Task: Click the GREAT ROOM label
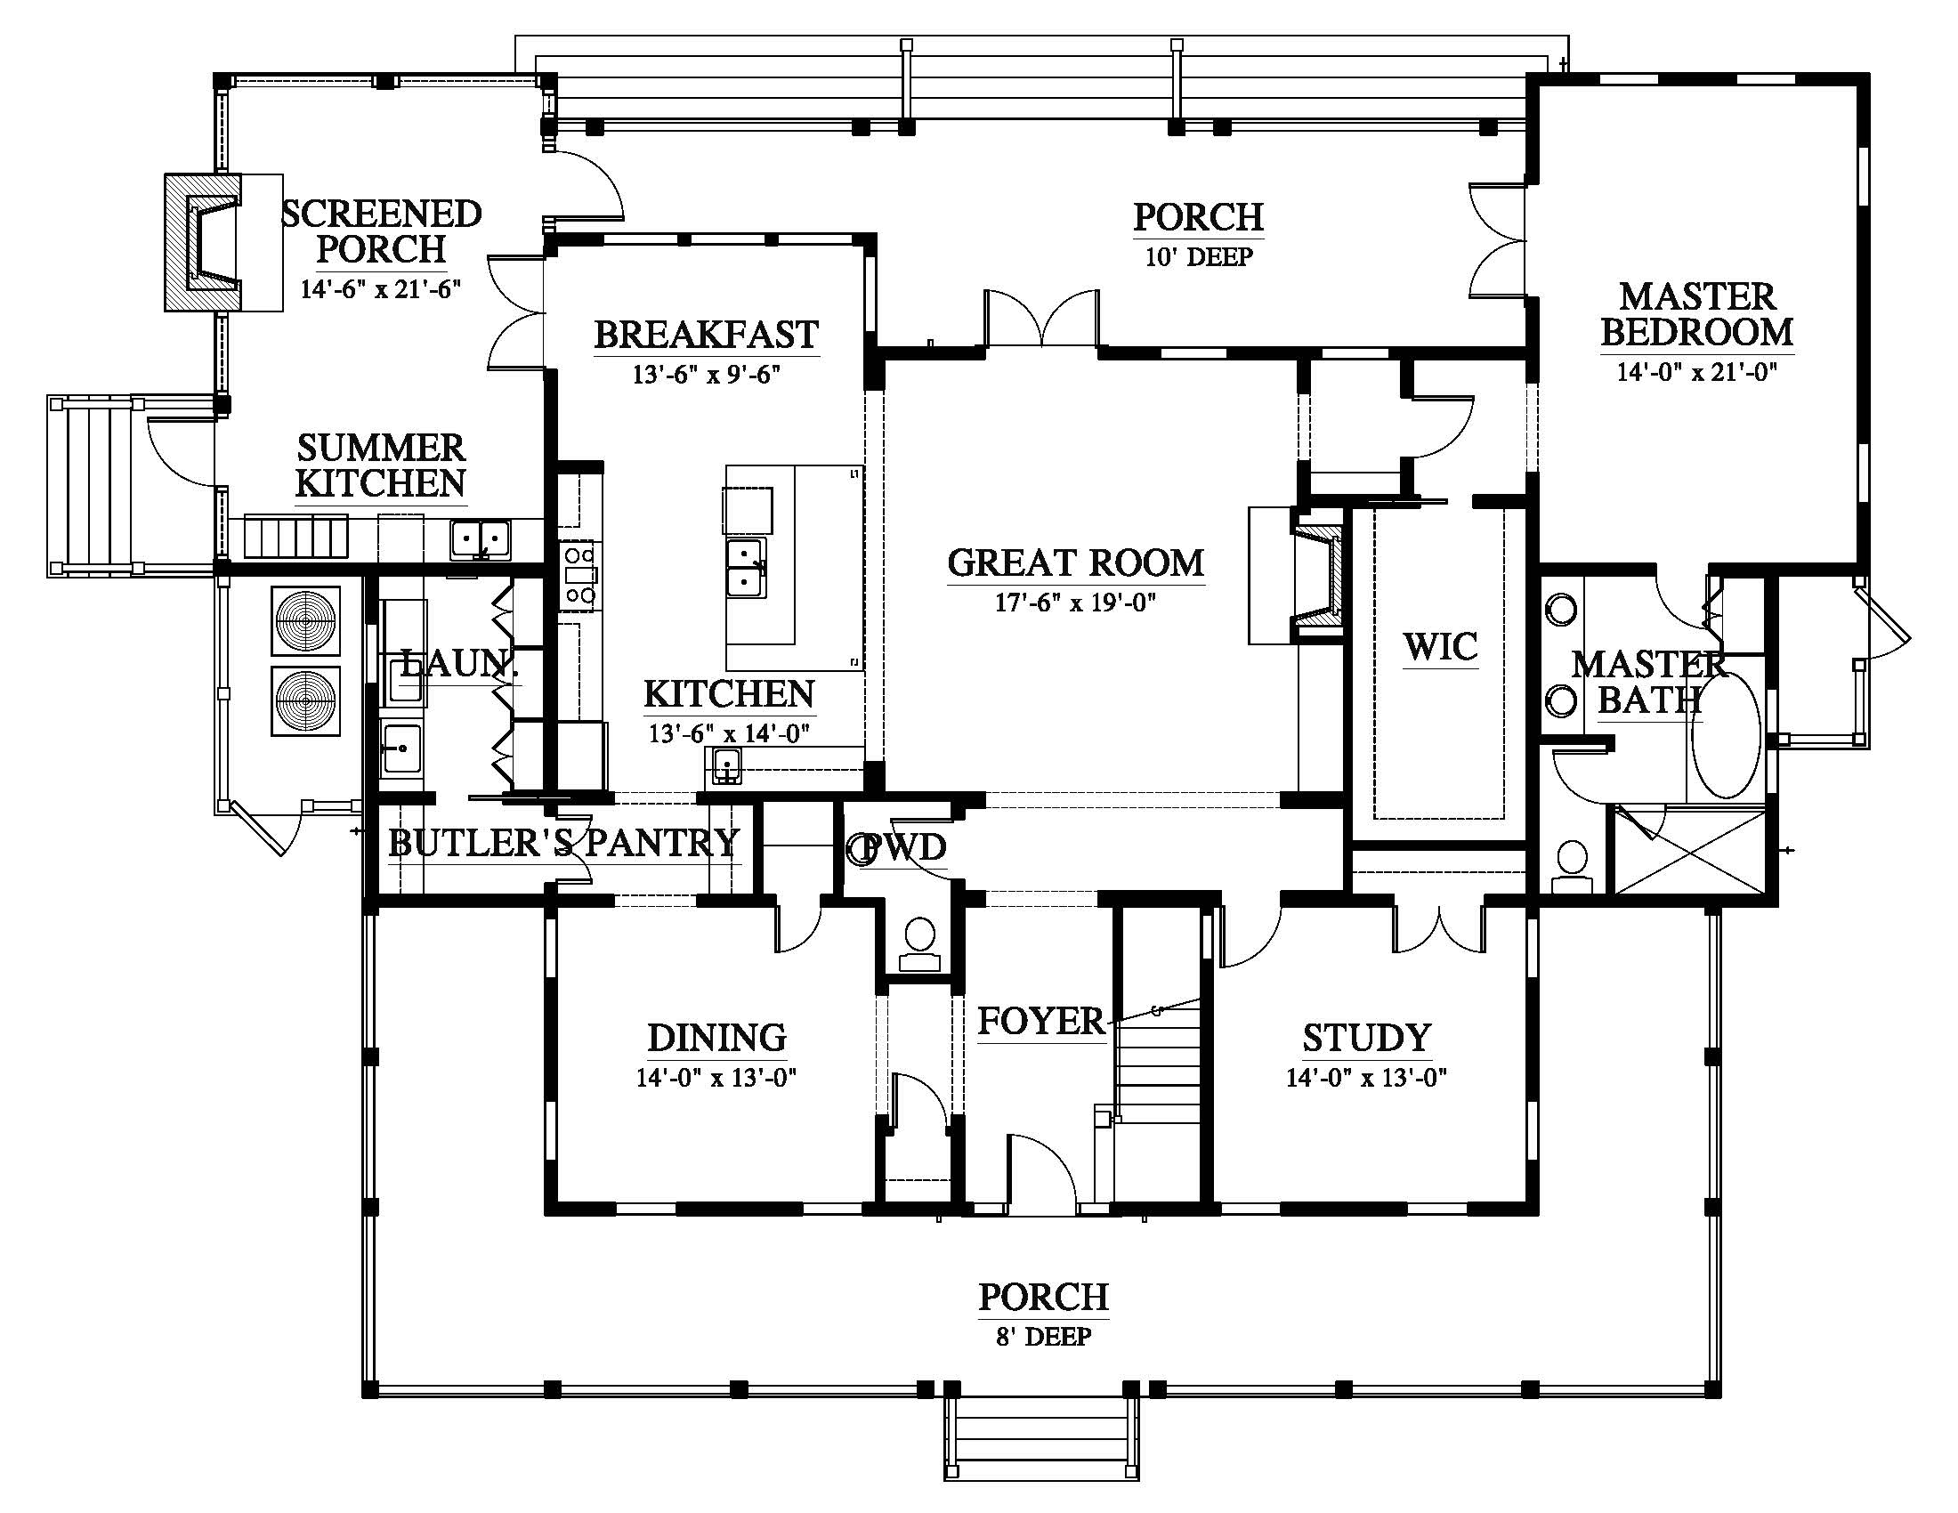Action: [1076, 562]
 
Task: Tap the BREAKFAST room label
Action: [707, 335]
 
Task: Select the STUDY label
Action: [1366, 1037]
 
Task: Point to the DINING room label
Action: [717, 1037]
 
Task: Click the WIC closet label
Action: [1441, 646]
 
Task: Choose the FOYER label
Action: [1041, 1021]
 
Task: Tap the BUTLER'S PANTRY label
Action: [564, 843]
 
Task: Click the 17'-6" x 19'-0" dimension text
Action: [1076, 603]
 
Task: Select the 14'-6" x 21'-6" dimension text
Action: [381, 289]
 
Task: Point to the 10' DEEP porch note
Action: [1199, 257]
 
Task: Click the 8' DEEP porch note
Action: [1044, 1338]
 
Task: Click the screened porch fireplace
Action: [204, 242]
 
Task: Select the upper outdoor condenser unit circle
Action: [307, 620]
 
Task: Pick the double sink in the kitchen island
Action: [746, 569]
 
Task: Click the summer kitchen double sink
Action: [481, 540]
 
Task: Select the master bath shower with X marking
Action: [1690, 850]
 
